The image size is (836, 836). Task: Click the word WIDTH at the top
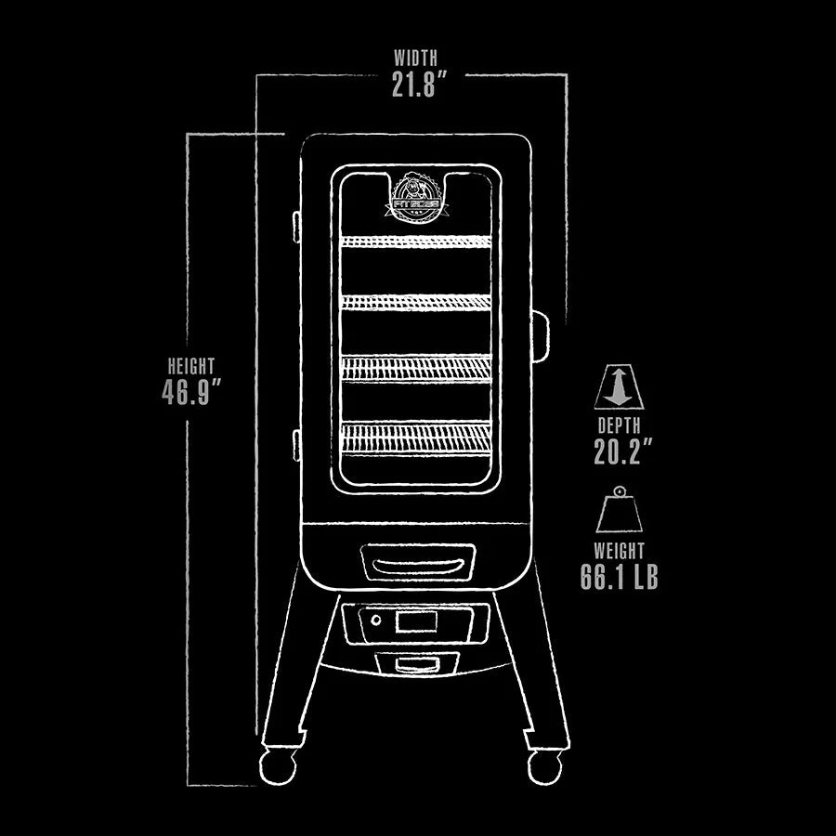(414, 59)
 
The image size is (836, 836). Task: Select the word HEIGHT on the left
(190, 365)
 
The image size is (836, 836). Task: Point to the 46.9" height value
(192, 393)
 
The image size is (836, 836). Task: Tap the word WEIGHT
(620, 551)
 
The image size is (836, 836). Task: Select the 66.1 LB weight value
(620, 577)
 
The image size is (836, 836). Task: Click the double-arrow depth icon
(619, 386)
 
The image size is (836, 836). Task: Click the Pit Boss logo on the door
(415, 197)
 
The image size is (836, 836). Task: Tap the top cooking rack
(415, 242)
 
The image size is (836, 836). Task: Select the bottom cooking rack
(415, 437)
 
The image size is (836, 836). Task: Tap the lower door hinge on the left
(295, 444)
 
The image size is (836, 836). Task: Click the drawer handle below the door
(417, 565)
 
